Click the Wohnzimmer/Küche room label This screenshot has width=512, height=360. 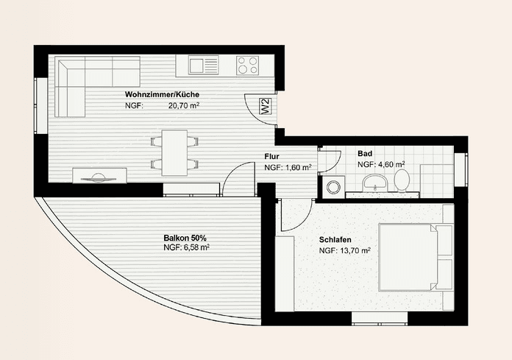point(162,95)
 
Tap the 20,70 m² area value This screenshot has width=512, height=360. point(185,106)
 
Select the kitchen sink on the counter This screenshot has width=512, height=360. point(200,66)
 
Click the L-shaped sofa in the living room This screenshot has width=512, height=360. point(81,82)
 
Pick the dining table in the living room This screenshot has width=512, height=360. point(175,152)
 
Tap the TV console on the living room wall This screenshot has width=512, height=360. point(99,175)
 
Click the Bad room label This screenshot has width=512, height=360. point(365,154)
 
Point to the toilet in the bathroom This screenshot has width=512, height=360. point(402,179)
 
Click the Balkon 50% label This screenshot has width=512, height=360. point(184,239)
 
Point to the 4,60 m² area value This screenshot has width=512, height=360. point(391,164)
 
